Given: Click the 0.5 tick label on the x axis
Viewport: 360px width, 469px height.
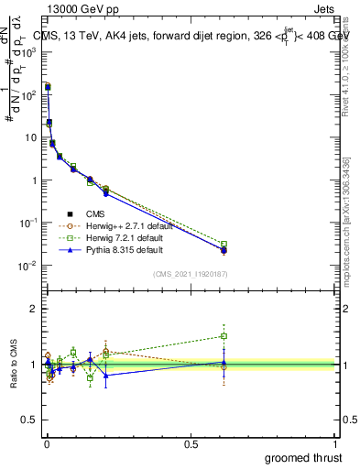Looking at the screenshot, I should click(x=191, y=444).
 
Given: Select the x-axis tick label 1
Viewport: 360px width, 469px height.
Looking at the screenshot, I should click(x=336, y=444).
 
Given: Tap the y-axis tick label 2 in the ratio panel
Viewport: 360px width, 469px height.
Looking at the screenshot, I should click(x=35, y=309).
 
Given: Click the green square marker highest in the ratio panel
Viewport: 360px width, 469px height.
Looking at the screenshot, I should click(x=224, y=336).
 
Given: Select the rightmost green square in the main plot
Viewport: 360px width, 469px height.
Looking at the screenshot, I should click(x=224, y=245).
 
